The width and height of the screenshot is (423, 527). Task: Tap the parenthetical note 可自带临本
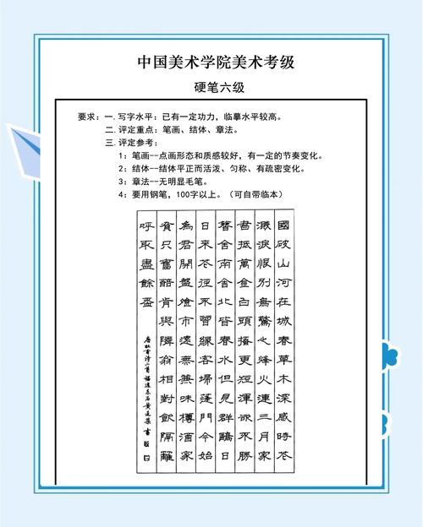coord(265,195)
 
